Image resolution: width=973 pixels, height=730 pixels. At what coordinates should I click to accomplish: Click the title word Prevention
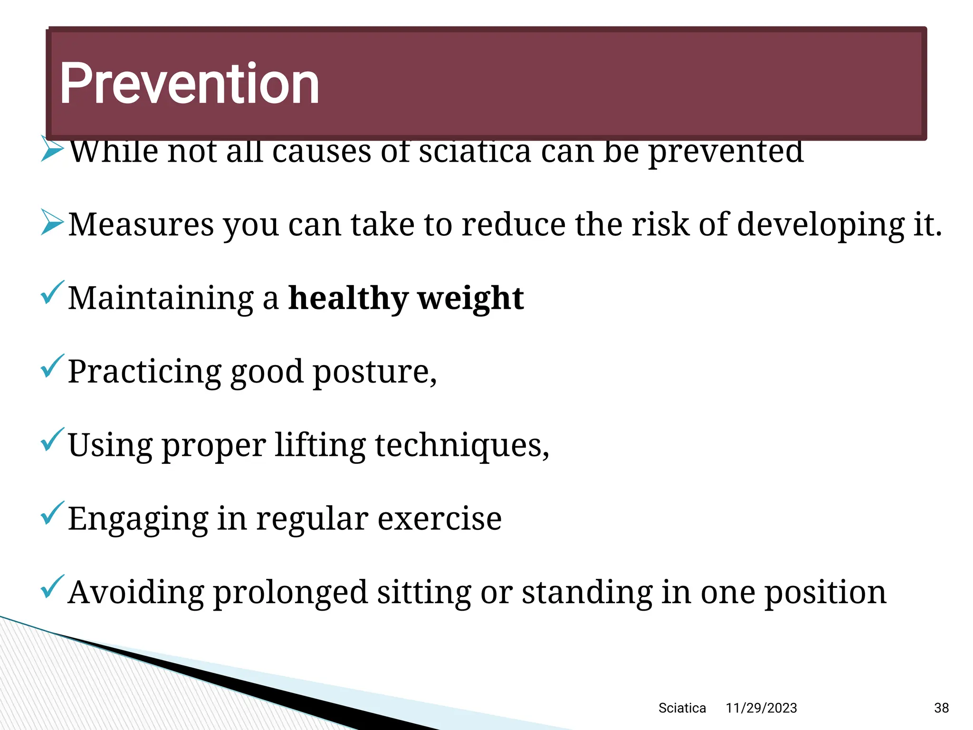[189, 84]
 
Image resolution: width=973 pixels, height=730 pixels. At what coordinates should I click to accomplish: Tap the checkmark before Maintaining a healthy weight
[52, 293]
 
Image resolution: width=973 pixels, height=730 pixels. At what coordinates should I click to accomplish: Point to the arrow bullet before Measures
[52, 222]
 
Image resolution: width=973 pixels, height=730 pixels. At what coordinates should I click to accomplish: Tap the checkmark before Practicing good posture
[52, 366]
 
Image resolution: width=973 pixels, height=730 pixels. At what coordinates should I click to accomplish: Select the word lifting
[320, 445]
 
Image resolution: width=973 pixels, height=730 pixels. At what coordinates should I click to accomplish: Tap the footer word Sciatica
[682, 708]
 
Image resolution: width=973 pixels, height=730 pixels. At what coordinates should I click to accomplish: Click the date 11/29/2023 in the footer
[761, 708]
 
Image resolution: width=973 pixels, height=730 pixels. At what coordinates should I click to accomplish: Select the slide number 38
[941, 708]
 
